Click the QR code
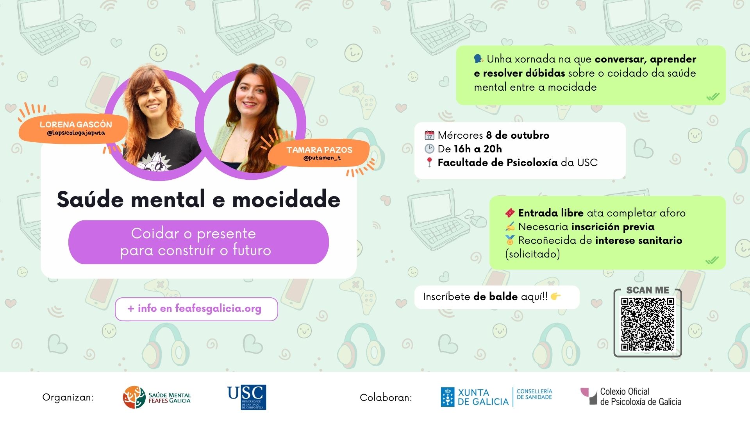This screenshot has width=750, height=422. [648, 324]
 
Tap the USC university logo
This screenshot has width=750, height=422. [247, 397]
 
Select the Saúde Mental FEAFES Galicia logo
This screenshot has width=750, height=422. [157, 397]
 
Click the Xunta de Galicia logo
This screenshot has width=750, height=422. [496, 397]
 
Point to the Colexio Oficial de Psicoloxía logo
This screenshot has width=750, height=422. [631, 397]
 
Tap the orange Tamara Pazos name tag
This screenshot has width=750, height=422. [319, 153]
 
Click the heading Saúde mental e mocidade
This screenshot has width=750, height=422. [198, 199]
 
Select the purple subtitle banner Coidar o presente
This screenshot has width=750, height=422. [198, 242]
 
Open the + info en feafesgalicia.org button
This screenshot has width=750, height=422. [196, 309]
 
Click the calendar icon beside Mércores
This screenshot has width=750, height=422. [429, 135]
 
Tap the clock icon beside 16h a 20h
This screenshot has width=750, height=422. [429, 149]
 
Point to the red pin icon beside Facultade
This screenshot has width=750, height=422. [429, 163]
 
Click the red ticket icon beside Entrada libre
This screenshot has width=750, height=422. [510, 213]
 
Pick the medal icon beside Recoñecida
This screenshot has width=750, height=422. [510, 240]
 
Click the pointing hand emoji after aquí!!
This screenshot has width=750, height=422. [555, 297]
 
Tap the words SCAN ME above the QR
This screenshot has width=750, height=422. [648, 290]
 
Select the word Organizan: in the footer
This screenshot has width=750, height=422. [68, 398]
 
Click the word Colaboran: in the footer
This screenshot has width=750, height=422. [386, 398]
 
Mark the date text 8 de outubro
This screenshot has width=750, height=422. [518, 135]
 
